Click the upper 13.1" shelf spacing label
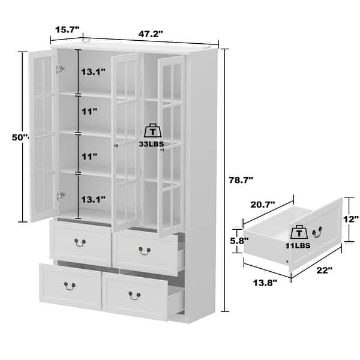(94, 72)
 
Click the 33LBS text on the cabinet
(152, 144)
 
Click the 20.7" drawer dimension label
(263, 205)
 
